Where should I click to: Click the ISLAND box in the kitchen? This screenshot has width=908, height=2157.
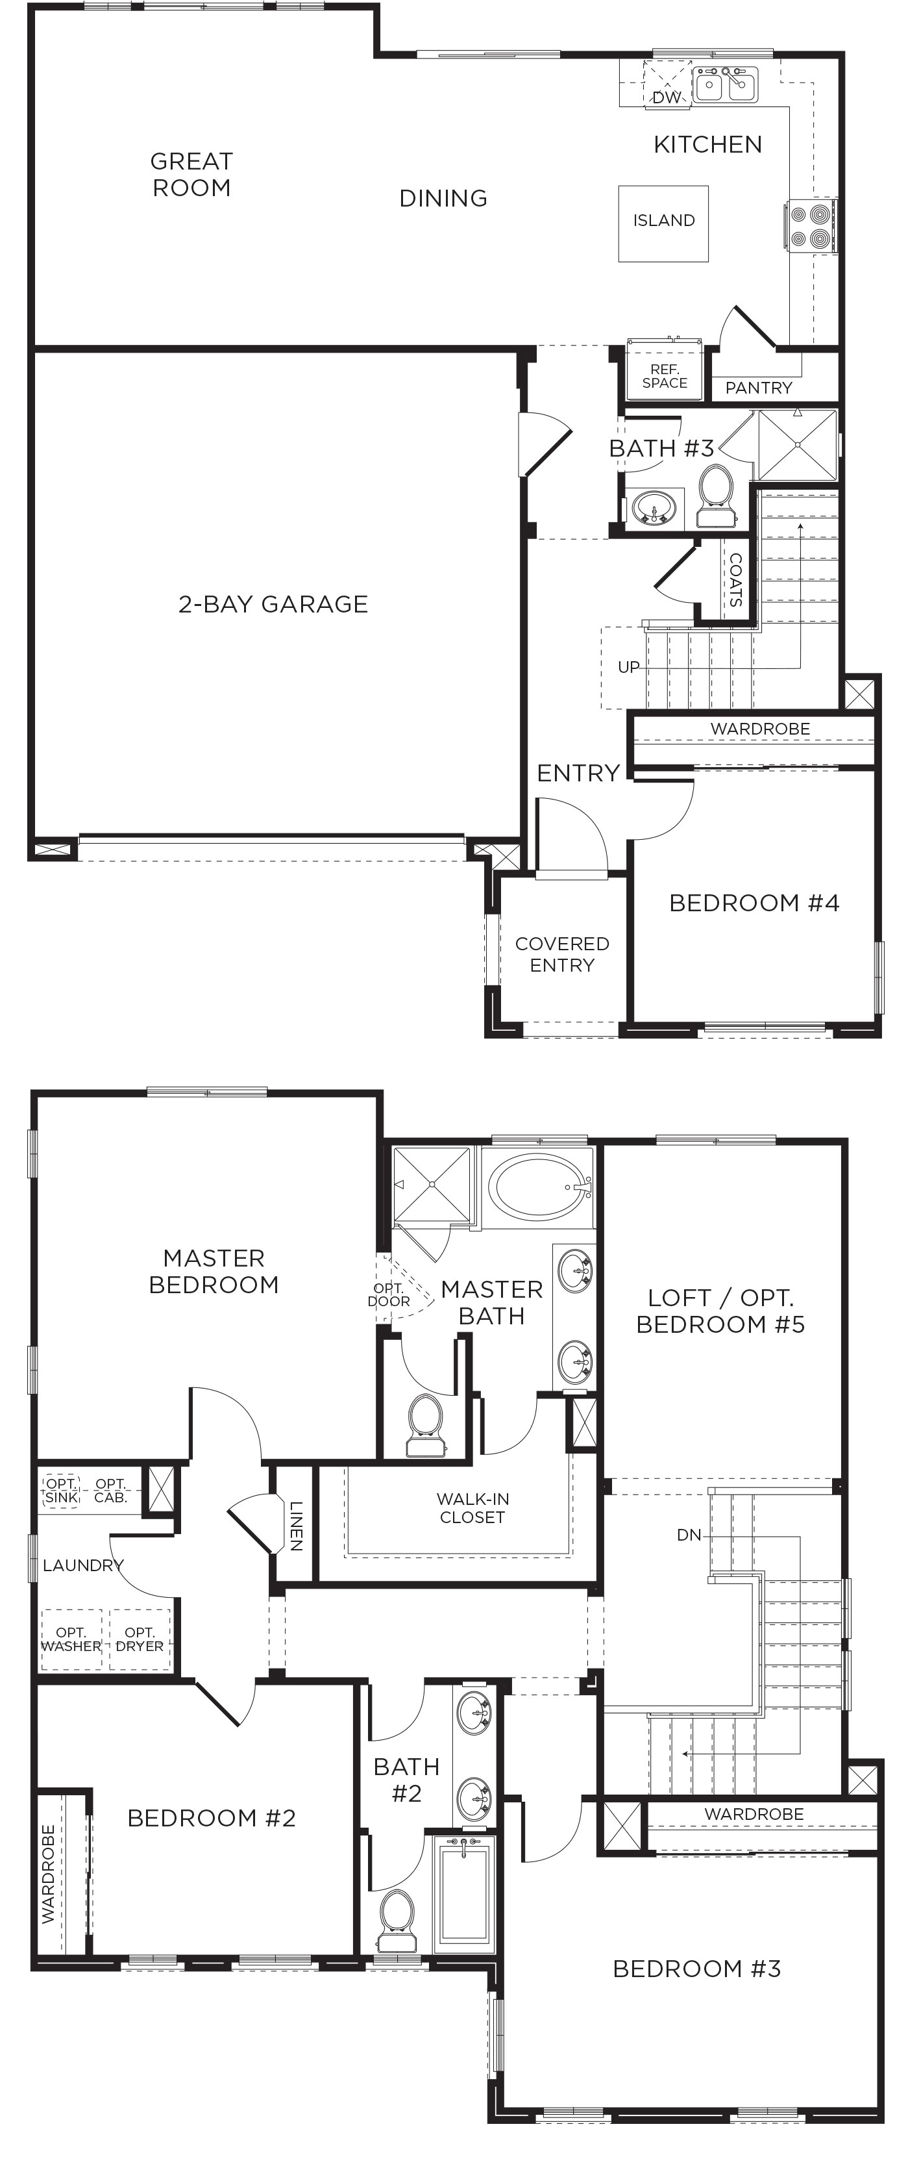pos(663,223)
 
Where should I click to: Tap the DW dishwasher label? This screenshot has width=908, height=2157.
pos(666,97)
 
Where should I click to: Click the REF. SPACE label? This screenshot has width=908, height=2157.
pos(665,376)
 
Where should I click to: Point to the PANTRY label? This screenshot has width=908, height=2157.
pos(758,388)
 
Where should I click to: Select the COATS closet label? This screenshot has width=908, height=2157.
pos(735,579)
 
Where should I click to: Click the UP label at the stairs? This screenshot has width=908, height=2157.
pos(628,666)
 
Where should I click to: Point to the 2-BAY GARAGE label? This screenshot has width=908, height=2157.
pos(273,604)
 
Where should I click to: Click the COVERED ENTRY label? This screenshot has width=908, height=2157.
pos(561,953)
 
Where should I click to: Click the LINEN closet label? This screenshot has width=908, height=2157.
pos(295,1526)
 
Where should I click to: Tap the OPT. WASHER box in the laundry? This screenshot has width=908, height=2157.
pos(71,1639)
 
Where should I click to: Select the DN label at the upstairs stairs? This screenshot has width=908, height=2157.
pos(689,1535)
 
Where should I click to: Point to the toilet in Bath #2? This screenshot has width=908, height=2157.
pos(395,1922)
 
